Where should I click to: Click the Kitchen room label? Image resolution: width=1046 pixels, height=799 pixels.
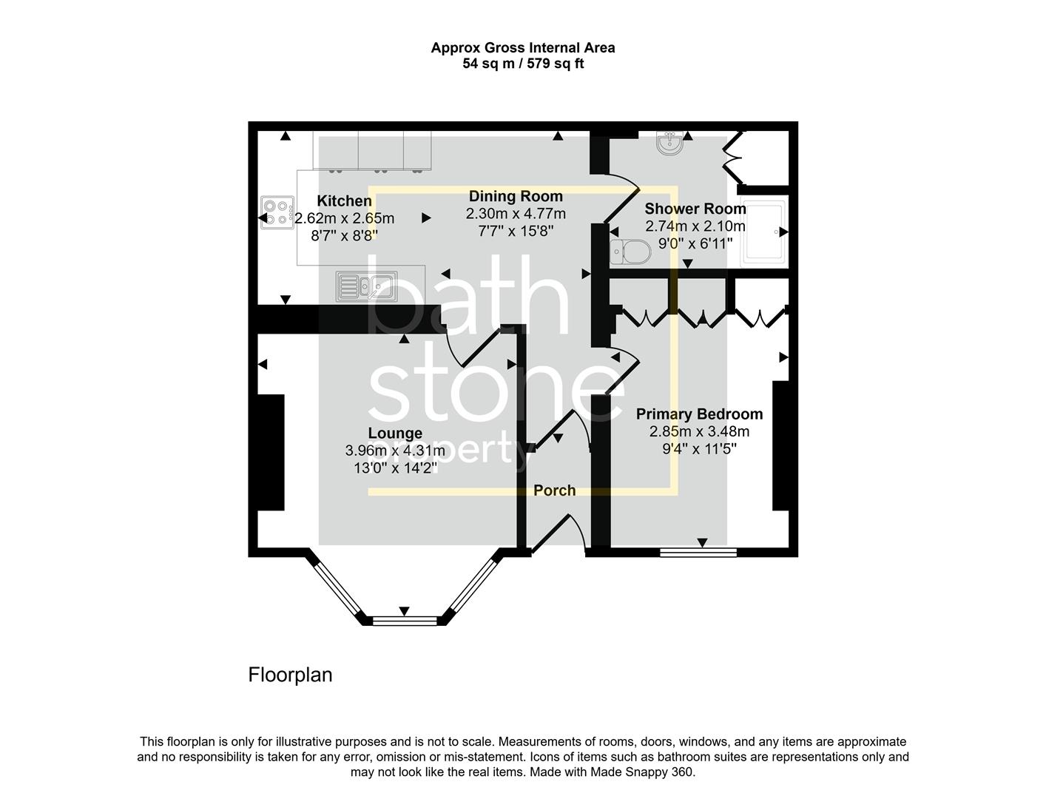coord(344,201)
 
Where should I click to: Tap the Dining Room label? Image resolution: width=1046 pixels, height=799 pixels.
coord(516,197)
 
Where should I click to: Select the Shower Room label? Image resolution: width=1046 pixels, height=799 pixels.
coord(695,209)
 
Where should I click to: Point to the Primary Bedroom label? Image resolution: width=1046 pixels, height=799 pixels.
coord(699,414)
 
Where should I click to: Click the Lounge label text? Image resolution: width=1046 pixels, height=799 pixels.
coord(395,434)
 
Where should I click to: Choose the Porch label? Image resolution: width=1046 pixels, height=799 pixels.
coord(555,490)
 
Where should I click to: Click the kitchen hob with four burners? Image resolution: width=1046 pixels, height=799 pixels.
coord(277,212)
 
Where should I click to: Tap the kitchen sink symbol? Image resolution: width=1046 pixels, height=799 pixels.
coord(366,286)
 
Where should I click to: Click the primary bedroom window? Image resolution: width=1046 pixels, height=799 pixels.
coord(698,551)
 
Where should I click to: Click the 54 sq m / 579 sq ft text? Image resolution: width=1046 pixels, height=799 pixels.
coord(523,64)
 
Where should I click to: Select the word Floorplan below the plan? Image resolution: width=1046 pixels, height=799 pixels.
coord(290,675)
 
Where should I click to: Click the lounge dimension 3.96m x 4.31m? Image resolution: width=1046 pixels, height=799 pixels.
coord(395,451)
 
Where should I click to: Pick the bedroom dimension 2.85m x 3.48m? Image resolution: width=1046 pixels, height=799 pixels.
coord(699,431)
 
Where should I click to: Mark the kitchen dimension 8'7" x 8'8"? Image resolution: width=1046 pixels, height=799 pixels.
coord(344,235)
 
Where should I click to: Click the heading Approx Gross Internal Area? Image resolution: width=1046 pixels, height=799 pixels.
coord(523,48)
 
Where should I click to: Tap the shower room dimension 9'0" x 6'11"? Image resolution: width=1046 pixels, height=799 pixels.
coord(689,243)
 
